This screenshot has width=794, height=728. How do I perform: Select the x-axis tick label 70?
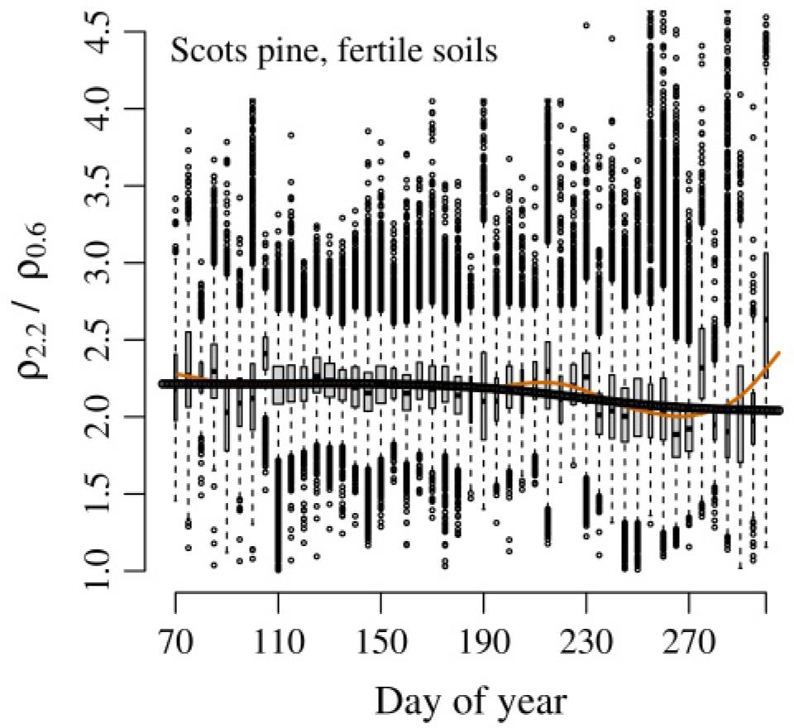tap(176, 641)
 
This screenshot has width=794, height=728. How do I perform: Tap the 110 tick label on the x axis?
tap(279, 641)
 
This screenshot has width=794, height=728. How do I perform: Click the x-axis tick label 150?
tap(380, 641)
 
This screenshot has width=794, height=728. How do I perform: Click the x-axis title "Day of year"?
tap(471, 702)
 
